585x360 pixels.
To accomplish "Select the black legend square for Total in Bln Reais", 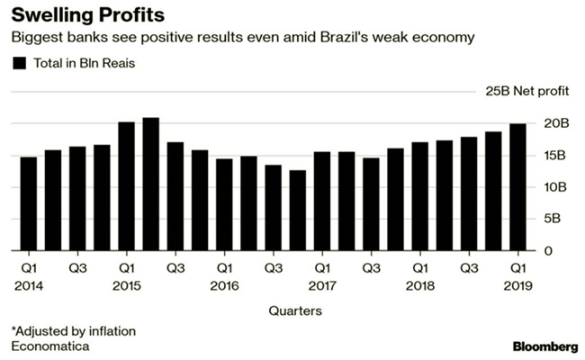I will pyautogui.click(x=18, y=63).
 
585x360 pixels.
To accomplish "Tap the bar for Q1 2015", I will pyautogui.click(x=127, y=186).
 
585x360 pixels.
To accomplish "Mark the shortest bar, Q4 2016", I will pyautogui.click(x=298, y=210).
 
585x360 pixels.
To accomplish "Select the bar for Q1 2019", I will pyautogui.click(x=518, y=187).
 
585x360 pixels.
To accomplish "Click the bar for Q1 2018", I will pyautogui.click(x=420, y=196).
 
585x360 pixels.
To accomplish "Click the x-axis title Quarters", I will pyautogui.click(x=293, y=310).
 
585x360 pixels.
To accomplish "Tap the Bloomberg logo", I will pyautogui.click(x=544, y=346).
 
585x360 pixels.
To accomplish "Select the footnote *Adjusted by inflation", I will pyautogui.click(x=73, y=330).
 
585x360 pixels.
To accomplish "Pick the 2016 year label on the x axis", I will pyautogui.click(x=224, y=285).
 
